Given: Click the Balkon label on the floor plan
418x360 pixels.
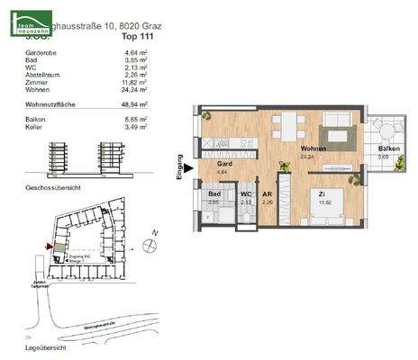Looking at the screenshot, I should point(389,149).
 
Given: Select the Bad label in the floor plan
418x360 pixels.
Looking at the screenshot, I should point(214,194).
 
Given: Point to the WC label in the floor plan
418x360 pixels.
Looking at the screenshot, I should point(245,194).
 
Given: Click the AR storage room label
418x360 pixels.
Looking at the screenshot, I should point(268,194).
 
